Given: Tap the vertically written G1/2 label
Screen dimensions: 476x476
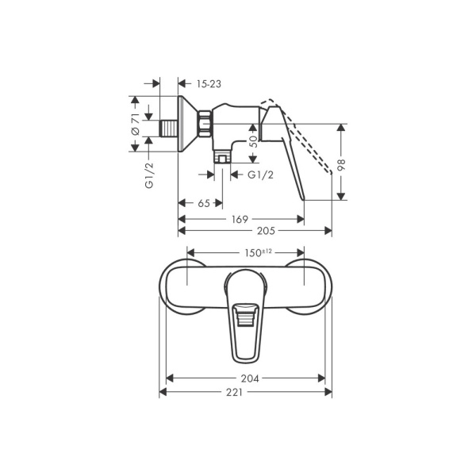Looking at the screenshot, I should [148, 174].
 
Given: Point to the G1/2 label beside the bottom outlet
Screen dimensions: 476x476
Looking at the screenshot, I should [261, 175].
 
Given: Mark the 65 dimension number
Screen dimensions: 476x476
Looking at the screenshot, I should [203, 203].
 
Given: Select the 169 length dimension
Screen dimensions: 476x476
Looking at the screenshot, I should [240, 218].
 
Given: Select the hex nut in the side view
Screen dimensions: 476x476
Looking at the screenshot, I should [205, 121].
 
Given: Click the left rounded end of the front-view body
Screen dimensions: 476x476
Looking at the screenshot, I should [176, 287].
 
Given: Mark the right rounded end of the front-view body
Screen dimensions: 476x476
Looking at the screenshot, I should [316, 287].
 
